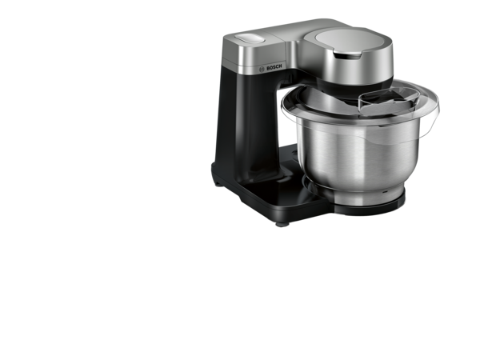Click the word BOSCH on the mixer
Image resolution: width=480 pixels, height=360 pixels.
(274, 67)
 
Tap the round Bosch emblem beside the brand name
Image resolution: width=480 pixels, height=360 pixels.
(262, 70)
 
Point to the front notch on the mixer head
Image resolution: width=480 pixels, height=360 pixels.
(346, 55)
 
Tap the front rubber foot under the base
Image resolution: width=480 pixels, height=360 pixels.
(282, 224)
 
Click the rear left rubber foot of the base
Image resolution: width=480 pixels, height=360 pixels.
(218, 184)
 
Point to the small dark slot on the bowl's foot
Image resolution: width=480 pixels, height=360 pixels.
(384, 192)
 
